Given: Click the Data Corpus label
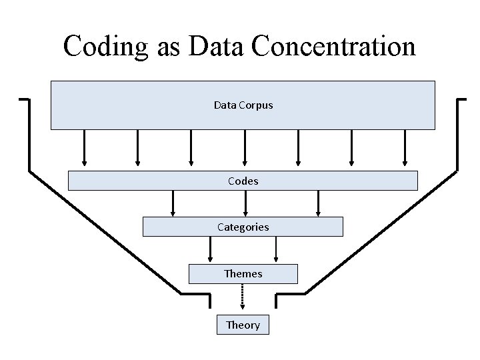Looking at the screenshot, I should point(243,105).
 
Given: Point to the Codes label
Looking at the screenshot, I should point(243,181).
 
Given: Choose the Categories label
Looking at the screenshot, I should point(243,227).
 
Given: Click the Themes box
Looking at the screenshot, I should point(243,273).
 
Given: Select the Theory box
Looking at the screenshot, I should point(243,325).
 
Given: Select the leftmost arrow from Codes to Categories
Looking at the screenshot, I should point(173,203).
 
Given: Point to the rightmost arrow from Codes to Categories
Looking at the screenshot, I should point(318,203).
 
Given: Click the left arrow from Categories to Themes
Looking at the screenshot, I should point(211,250).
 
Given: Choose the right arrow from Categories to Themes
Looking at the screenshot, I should point(276,250).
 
